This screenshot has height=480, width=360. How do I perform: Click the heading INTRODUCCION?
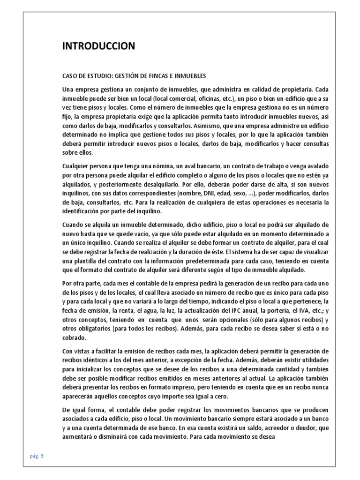[x=99, y=46]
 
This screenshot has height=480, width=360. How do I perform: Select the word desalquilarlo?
[x=159, y=184]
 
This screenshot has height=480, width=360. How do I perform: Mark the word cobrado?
[x=75, y=337]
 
